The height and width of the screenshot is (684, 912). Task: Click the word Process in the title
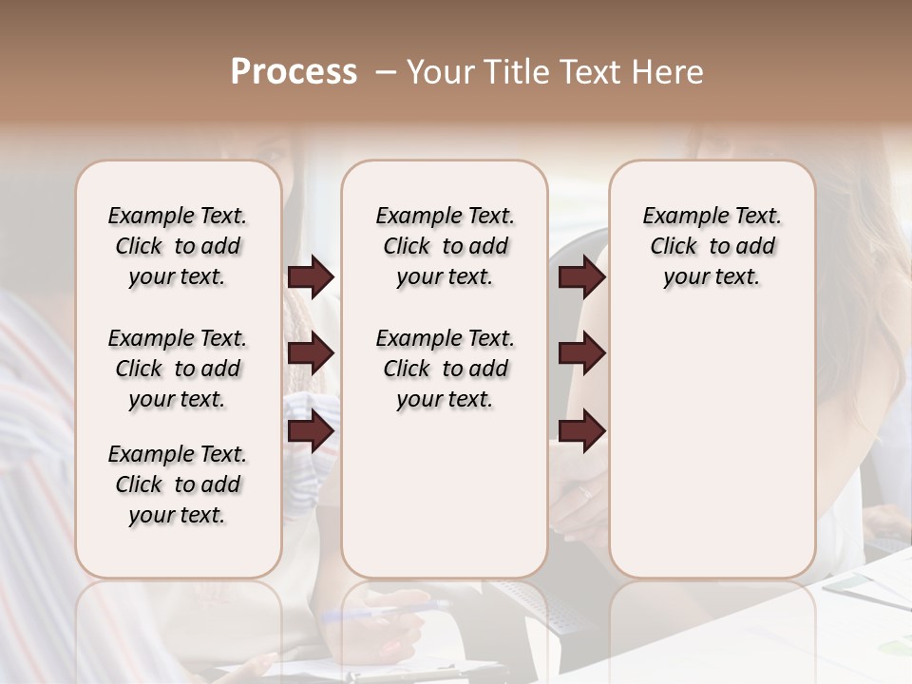(x=294, y=72)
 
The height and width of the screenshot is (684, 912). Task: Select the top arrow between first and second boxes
(x=311, y=277)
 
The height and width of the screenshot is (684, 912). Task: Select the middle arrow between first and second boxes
(x=311, y=354)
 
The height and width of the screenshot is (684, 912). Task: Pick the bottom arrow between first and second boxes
(x=311, y=431)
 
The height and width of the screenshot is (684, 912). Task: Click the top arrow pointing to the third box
(x=581, y=277)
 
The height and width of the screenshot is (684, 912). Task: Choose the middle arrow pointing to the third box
(x=581, y=354)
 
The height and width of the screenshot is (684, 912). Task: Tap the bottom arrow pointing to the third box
(x=581, y=431)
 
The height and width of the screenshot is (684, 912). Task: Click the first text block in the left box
(x=178, y=246)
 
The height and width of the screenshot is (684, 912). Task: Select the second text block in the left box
(x=178, y=369)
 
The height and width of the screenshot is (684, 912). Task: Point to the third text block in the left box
(x=178, y=484)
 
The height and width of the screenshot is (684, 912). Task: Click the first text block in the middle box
(x=445, y=246)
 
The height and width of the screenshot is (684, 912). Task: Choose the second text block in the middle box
(x=445, y=369)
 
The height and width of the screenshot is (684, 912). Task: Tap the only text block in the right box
(x=712, y=246)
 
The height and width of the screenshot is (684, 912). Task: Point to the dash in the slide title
(x=386, y=73)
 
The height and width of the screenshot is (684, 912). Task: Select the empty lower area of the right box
(x=712, y=446)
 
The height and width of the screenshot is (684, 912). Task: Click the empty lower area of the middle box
(x=445, y=494)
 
